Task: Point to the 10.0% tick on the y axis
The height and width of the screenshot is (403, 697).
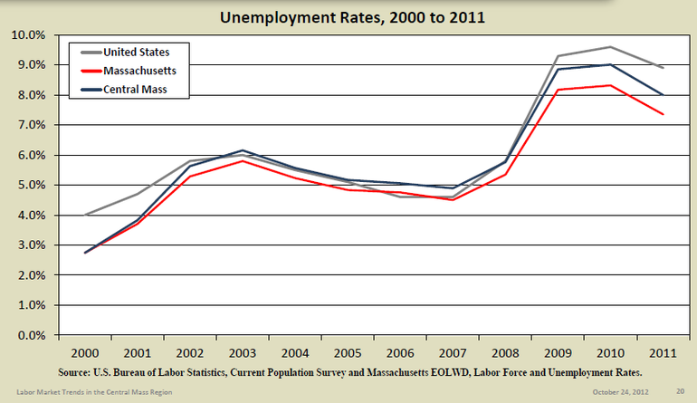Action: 28,35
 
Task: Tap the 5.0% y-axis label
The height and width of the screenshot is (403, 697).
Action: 31,186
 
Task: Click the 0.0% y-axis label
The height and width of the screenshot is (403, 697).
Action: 31,336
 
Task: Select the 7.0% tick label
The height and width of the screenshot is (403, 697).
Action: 31,126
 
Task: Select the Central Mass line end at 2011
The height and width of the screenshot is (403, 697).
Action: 664,95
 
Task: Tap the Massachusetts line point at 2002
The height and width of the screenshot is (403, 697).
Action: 188,177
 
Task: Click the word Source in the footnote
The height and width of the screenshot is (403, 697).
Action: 78,372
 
